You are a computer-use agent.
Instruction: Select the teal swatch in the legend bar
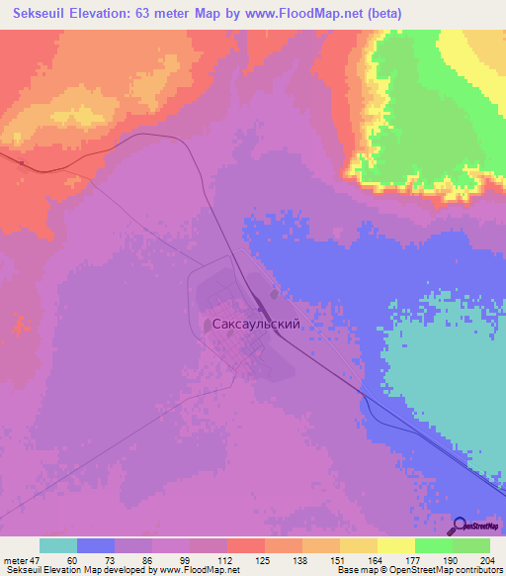click(58, 546)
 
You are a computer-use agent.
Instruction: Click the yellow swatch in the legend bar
click(396, 546)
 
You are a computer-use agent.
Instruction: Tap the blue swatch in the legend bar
click(96, 546)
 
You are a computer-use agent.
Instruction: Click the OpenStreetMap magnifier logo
click(462, 526)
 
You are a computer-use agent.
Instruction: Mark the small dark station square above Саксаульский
click(274, 293)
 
